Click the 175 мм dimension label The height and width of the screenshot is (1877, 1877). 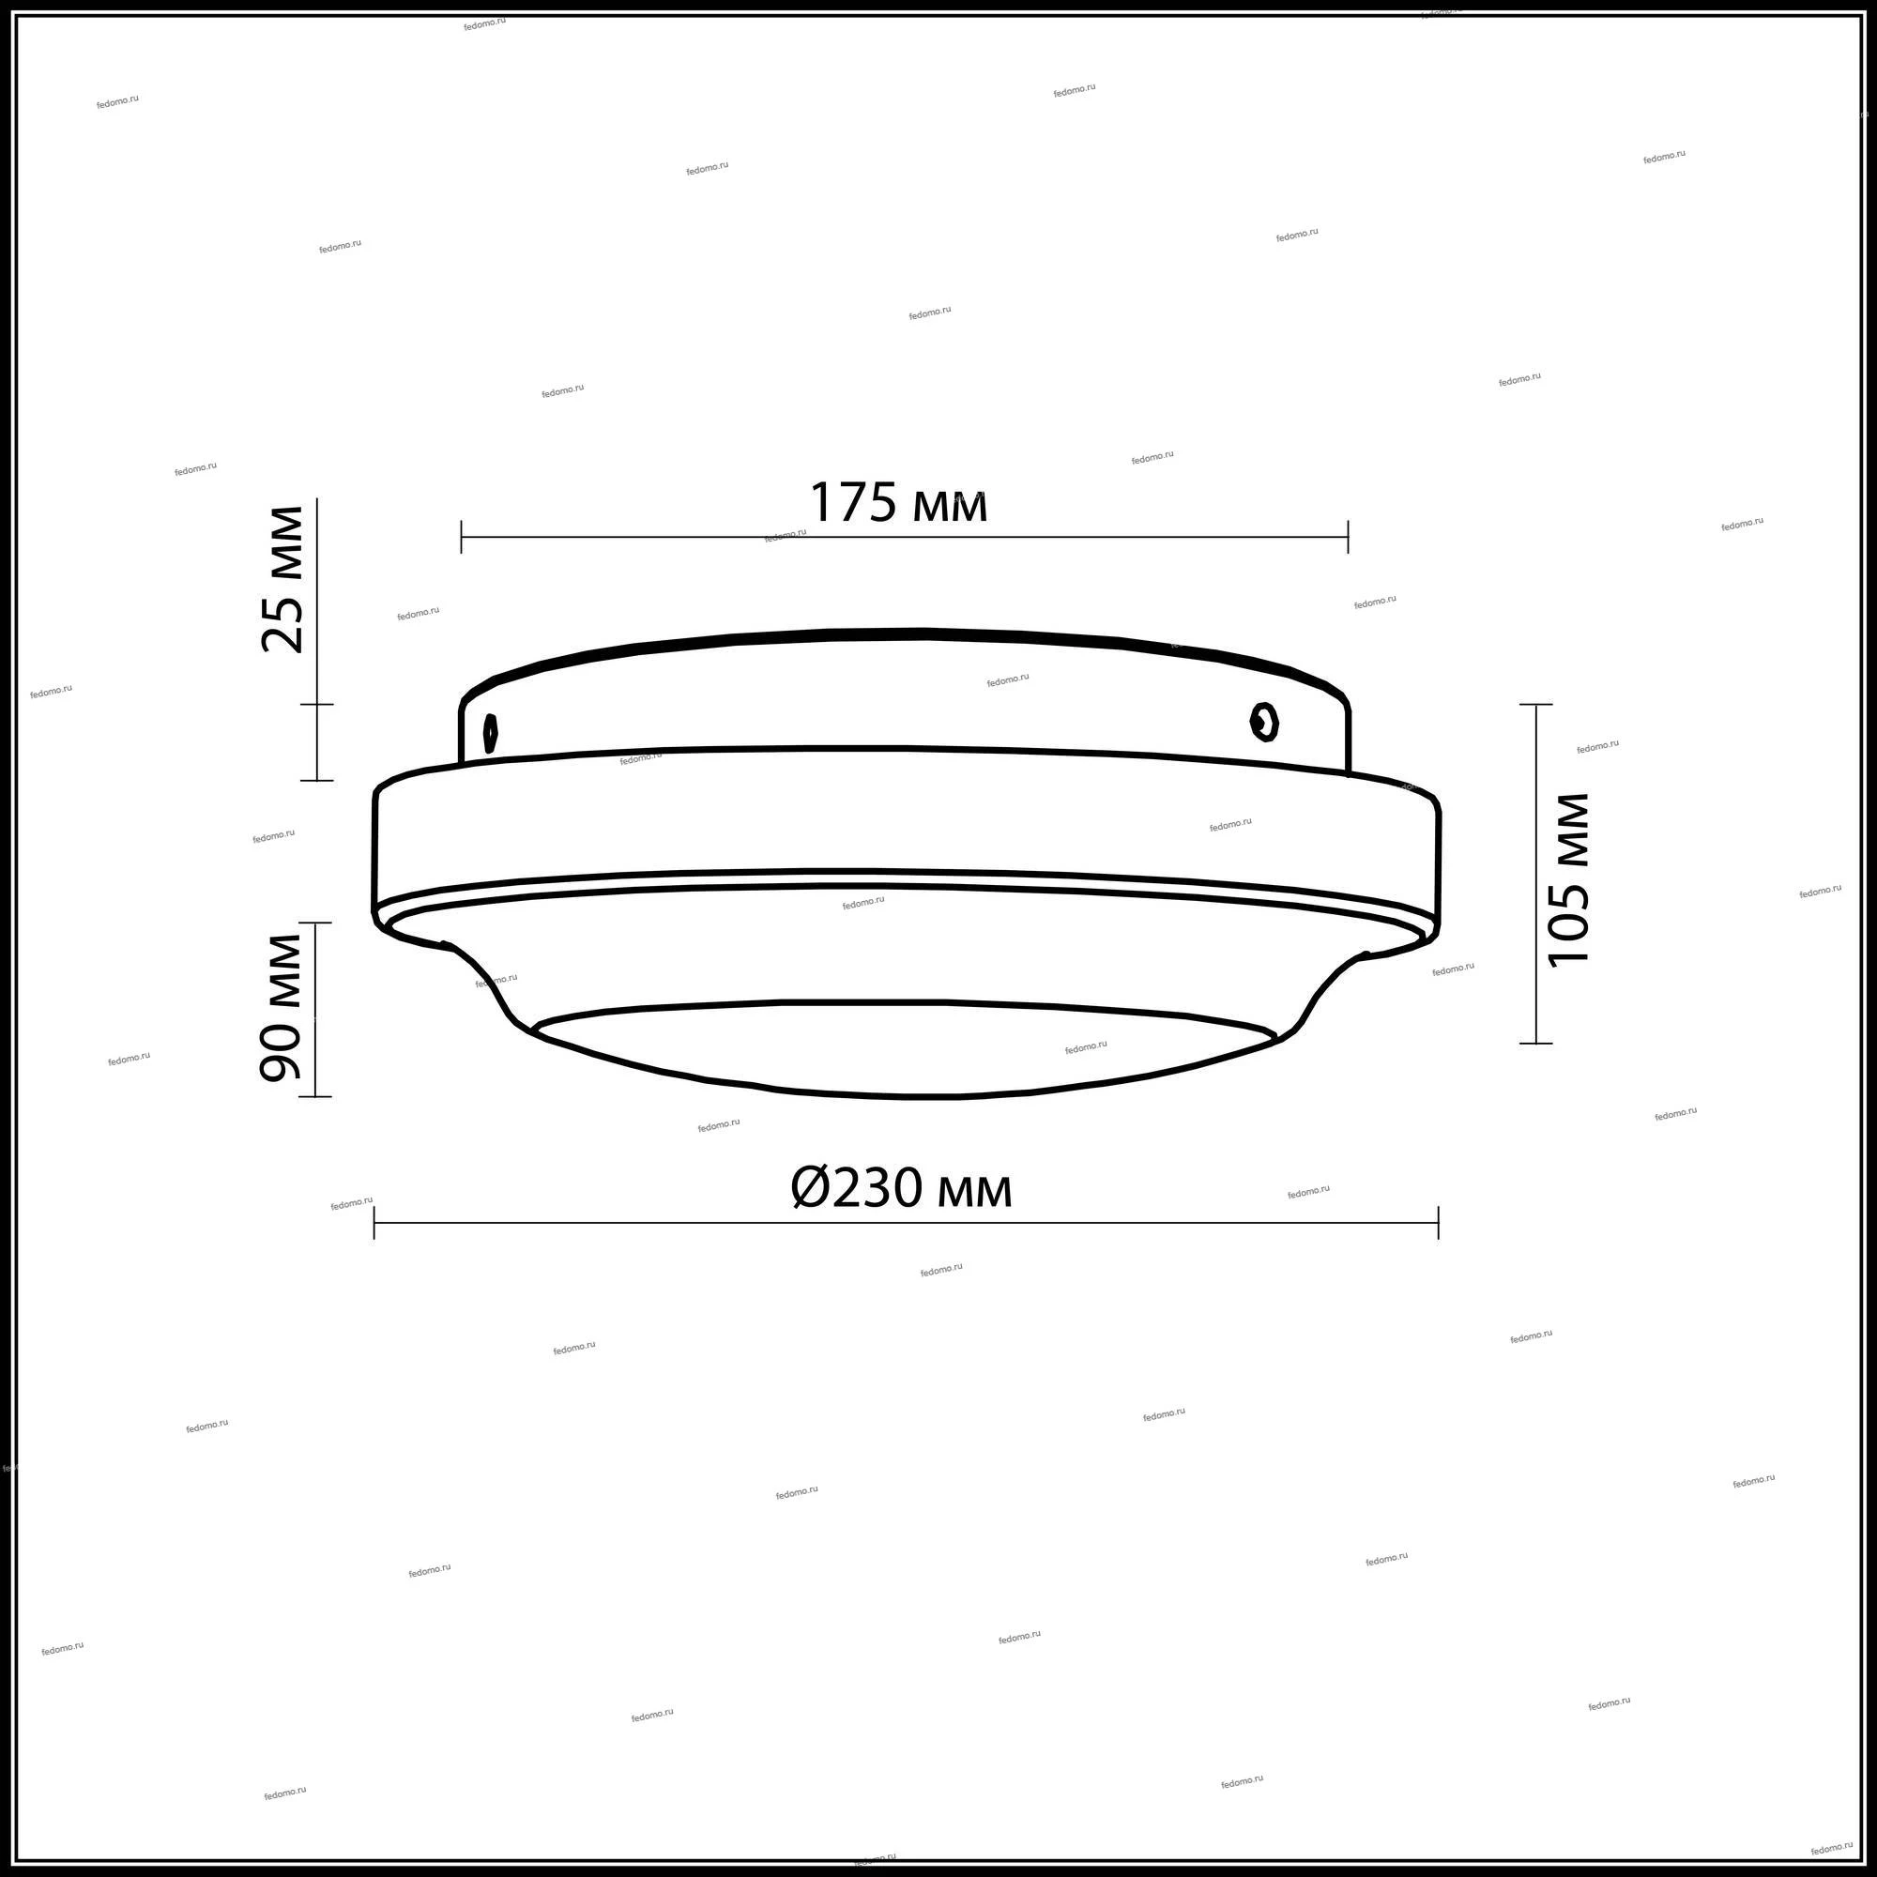pyautogui.click(x=899, y=503)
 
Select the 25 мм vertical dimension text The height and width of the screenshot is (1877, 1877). pyautogui.click(x=282, y=579)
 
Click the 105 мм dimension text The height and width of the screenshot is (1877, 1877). pyautogui.click(x=1568, y=879)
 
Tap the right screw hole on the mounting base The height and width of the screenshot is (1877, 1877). pyautogui.click(x=1264, y=722)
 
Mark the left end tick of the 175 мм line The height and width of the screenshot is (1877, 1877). pyautogui.click(x=462, y=536)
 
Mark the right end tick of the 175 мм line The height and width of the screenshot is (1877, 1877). pyautogui.click(x=1348, y=536)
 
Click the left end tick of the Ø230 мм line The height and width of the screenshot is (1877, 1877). pyautogui.click(x=374, y=1222)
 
